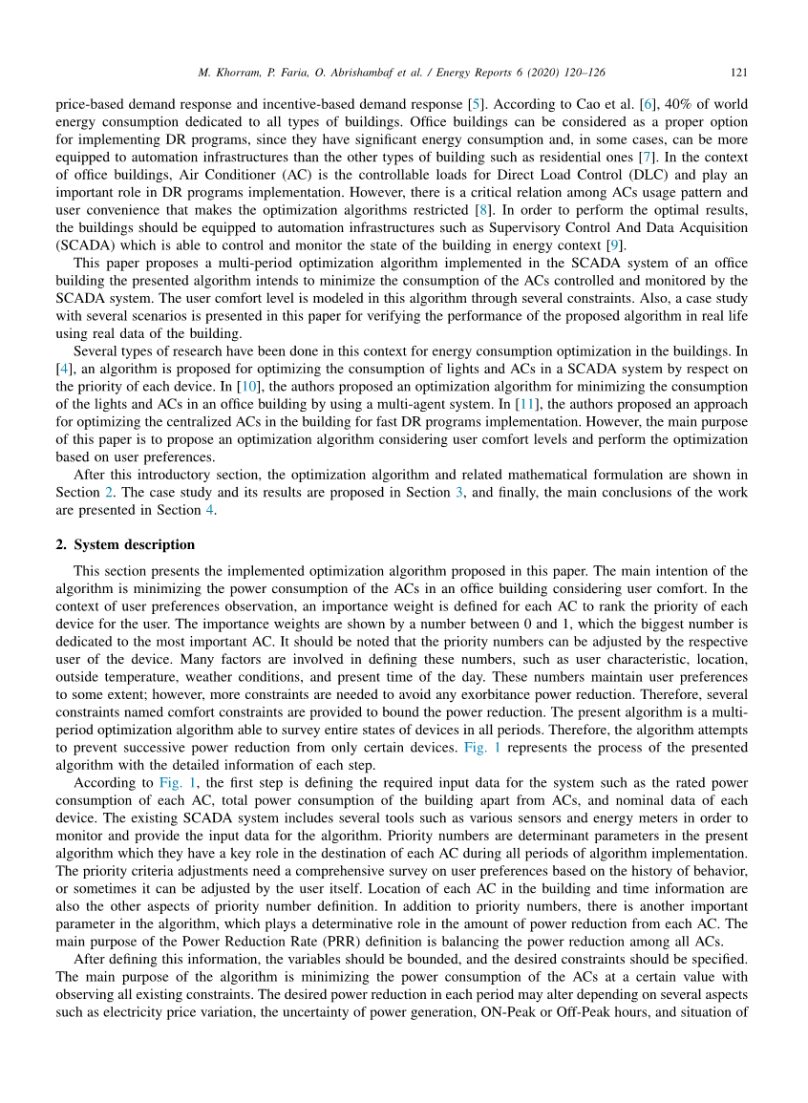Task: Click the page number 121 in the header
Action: tap(738, 73)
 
